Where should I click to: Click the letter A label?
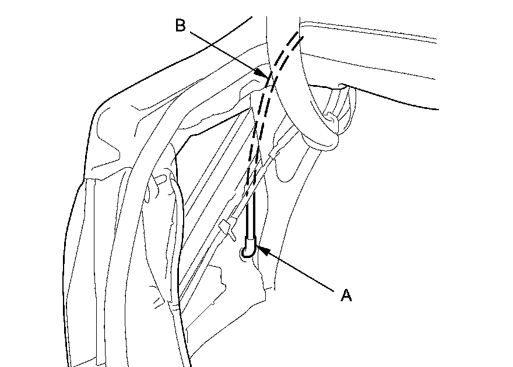click(346, 295)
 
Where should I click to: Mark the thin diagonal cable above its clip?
click(256, 181)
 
